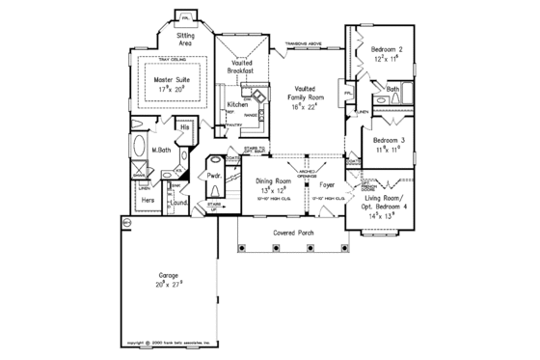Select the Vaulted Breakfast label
pyautogui.click(x=240, y=67)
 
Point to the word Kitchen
pyautogui.click(x=238, y=103)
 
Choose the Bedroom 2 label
pyautogui.click(x=386, y=48)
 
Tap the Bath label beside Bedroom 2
pyautogui.click(x=392, y=90)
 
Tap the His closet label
pyautogui.click(x=185, y=126)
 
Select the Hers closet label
pyautogui.click(x=148, y=200)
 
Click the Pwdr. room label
pyautogui.click(x=212, y=176)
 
